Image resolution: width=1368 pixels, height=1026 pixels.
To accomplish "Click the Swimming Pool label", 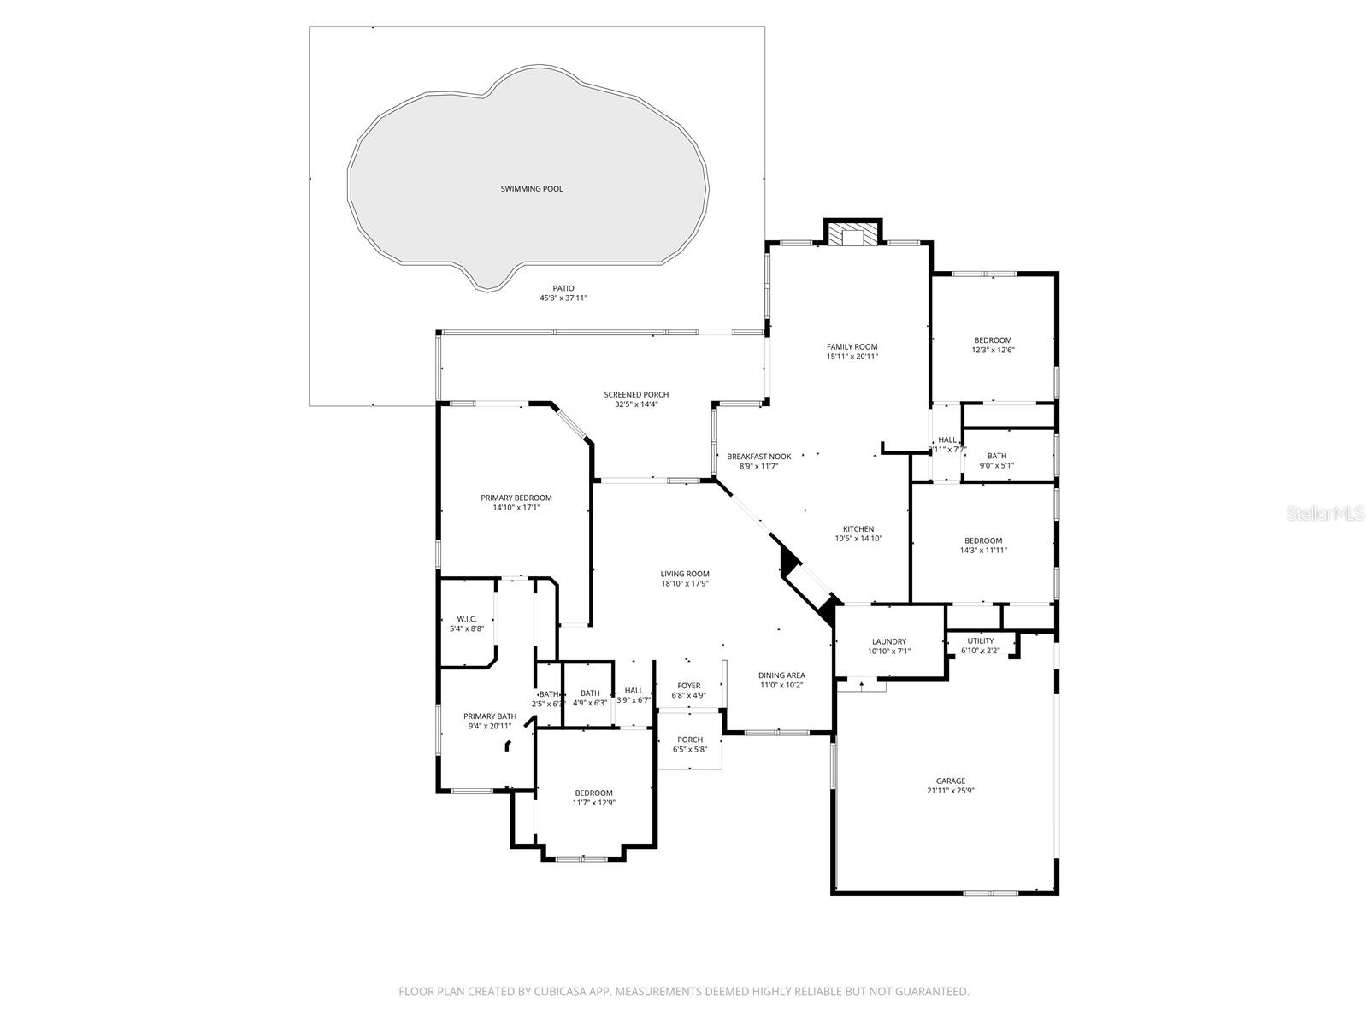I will click(x=532, y=189).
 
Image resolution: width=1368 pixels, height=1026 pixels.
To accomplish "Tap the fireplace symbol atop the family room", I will click(x=852, y=237).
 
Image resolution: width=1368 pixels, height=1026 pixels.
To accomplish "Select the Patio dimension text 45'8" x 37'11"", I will click(x=563, y=298).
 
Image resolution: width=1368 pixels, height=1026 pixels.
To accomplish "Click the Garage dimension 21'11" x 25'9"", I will click(x=950, y=792).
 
